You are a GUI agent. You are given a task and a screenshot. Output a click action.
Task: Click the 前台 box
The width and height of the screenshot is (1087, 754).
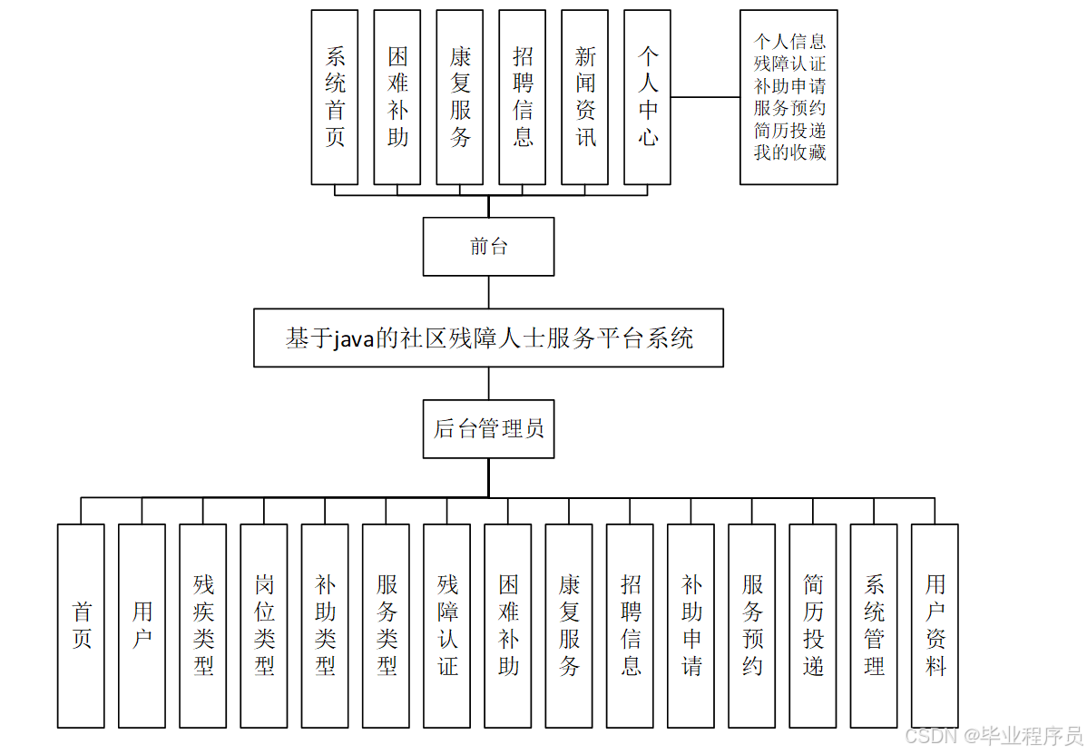(488, 246)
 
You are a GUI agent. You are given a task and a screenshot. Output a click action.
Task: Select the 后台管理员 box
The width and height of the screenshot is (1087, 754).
(488, 428)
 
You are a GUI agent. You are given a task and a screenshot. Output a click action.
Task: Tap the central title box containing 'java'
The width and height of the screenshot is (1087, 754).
(488, 338)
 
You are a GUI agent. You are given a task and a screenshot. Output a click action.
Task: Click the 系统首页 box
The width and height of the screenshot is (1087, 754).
(335, 97)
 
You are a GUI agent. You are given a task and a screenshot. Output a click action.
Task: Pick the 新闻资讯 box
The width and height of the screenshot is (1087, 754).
(585, 97)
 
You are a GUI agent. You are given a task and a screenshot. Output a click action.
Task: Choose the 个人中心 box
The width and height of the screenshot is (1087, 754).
(648, 97)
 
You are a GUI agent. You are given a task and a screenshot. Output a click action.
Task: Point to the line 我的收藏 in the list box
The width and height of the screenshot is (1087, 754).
(789, 152)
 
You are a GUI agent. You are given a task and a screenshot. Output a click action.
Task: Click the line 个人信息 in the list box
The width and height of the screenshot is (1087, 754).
(789, 42)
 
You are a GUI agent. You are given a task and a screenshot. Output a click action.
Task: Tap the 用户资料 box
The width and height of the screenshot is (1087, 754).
(935, 625)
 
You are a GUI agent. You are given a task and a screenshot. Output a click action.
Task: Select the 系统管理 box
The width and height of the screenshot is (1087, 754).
(874, 625)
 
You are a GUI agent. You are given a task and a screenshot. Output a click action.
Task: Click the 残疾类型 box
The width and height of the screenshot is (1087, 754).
(203, 625)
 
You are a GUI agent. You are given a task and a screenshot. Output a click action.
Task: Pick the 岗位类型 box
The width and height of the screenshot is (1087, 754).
(264, 625)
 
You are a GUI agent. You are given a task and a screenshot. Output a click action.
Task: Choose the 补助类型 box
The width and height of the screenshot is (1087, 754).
(325, 625)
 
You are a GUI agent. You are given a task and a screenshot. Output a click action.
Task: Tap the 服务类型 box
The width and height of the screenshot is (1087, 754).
(386, 625)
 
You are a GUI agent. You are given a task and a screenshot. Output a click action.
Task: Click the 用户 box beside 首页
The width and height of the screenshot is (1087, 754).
(142, 625)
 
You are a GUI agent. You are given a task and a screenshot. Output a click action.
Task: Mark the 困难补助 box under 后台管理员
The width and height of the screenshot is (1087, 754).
(508, 625)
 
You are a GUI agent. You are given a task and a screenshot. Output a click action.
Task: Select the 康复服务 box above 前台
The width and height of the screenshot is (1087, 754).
(460, 97)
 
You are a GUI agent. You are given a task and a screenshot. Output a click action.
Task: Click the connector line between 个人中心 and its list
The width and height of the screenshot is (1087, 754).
(705, 97)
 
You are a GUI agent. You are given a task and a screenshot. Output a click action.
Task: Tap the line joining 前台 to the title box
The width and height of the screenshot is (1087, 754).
(489, 292)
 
